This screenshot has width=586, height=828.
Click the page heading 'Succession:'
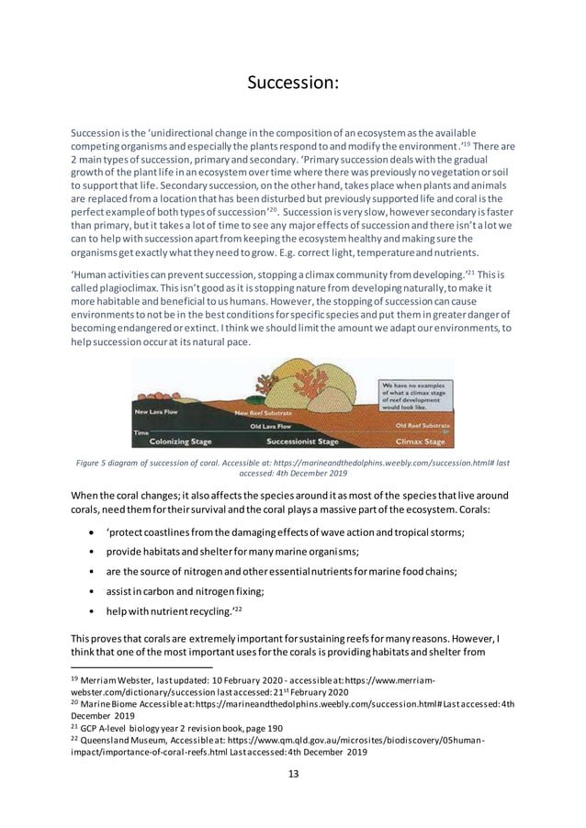[x=293, y=84]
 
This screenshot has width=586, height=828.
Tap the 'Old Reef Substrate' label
[x=423, y=426]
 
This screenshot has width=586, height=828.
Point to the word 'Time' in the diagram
[x=141, y=431]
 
